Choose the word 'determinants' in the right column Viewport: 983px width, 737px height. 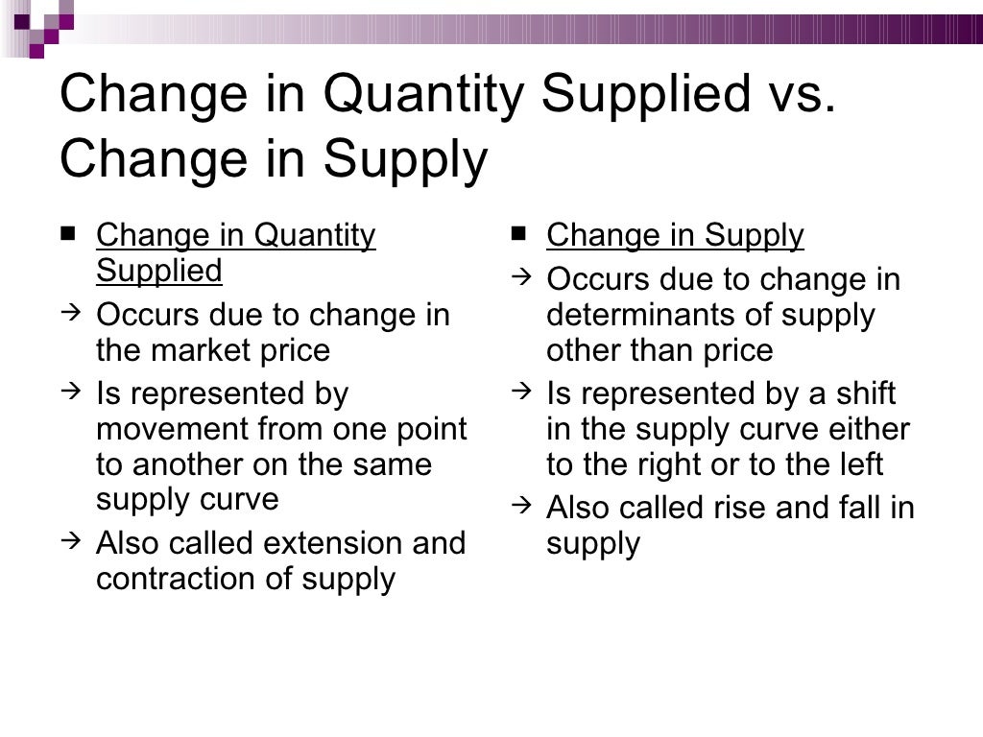[636, 315]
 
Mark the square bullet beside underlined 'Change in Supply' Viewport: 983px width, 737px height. [518, 232]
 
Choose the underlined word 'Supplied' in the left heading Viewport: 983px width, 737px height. [159, 272]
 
